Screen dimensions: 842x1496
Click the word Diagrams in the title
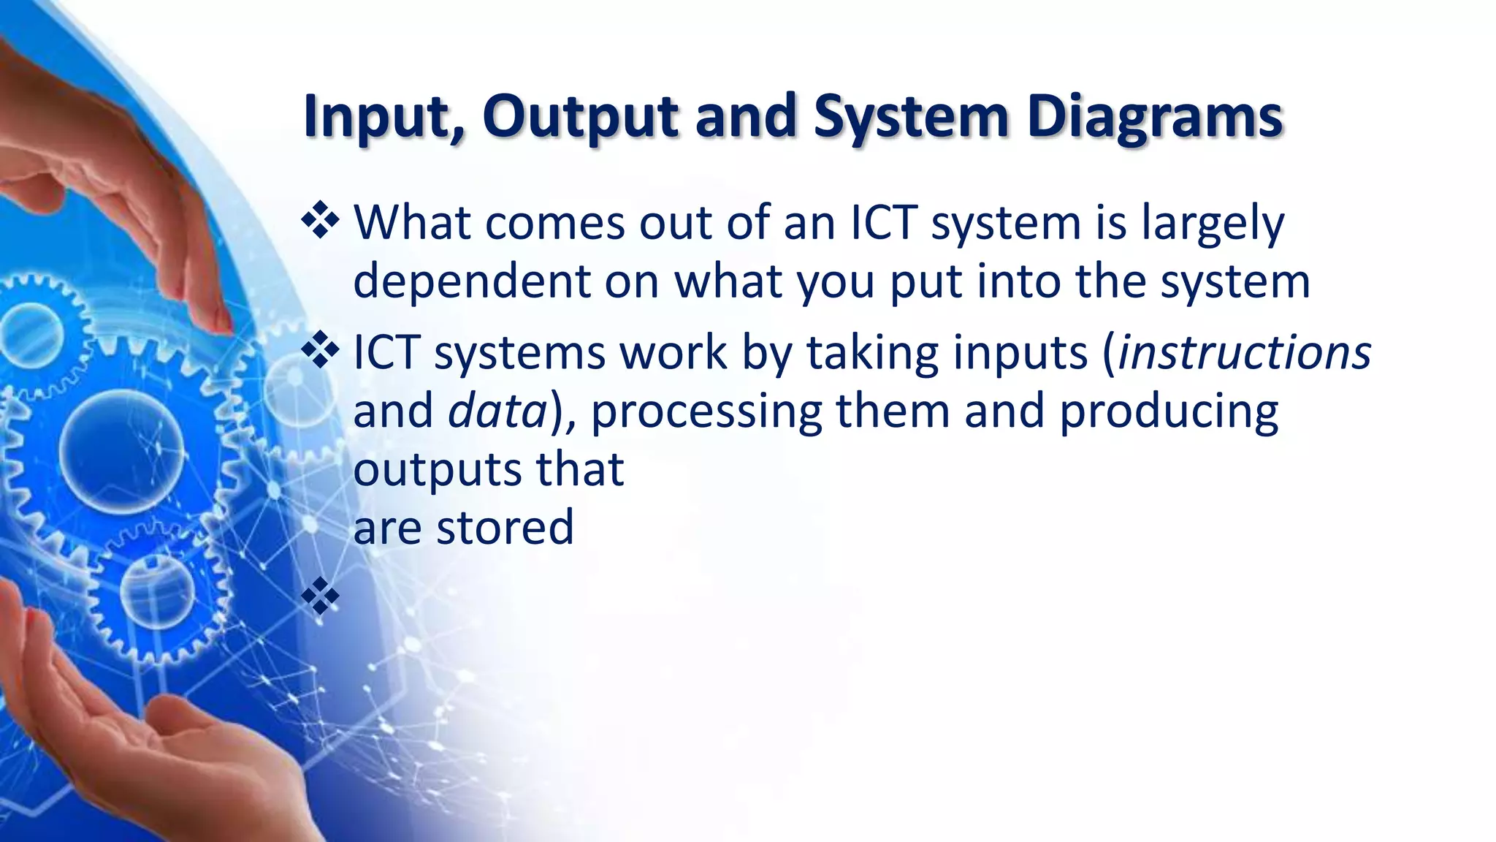[1154, 117]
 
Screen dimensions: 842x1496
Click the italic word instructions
[1244, 352]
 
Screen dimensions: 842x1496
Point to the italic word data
[497, 411]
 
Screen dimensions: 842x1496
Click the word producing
[1169, 411]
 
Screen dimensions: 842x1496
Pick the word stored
[505, 527]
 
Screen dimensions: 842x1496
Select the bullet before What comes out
[320, 221]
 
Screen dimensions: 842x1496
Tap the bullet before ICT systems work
[320, 351]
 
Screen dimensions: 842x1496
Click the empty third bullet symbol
[320, 596]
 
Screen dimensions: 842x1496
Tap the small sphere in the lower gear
[156, 589]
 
